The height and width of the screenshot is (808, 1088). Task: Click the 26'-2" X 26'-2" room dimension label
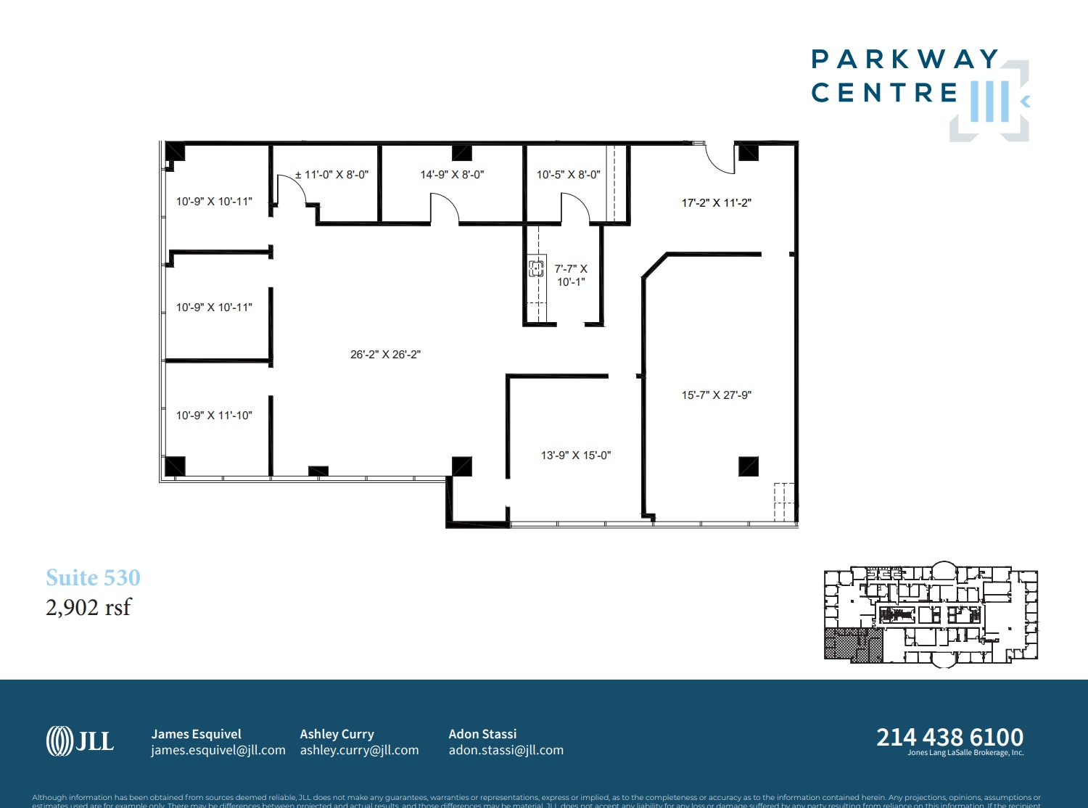point(385,355)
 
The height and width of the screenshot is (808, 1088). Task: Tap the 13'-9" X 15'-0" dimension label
point(576,455)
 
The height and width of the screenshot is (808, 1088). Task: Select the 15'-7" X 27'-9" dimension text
point(716,395)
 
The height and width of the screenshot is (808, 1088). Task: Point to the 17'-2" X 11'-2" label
point(716,203)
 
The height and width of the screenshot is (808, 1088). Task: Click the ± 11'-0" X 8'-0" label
point(331,175)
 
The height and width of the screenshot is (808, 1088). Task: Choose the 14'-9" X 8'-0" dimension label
point(452,175)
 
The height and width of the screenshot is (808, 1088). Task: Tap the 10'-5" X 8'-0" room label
point(568,175)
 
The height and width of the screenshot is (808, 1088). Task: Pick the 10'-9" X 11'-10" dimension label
point(214,416)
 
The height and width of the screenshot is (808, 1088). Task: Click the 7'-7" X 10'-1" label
point(571,275)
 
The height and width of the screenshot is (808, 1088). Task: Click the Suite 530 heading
point(93,577)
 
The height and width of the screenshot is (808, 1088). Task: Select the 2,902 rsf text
point(88,607)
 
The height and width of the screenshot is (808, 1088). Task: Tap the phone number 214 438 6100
point(949,737)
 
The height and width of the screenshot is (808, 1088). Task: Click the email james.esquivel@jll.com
point(218,750)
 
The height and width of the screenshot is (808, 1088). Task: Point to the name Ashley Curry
point(337,734)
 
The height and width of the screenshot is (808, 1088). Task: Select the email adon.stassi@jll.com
point(506,750)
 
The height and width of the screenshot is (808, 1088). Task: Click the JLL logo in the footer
point(80,741)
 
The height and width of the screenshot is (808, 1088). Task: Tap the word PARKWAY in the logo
point(904,59)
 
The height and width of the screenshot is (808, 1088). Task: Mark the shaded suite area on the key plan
point(852,645)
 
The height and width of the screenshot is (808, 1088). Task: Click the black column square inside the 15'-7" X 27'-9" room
point(749,466)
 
